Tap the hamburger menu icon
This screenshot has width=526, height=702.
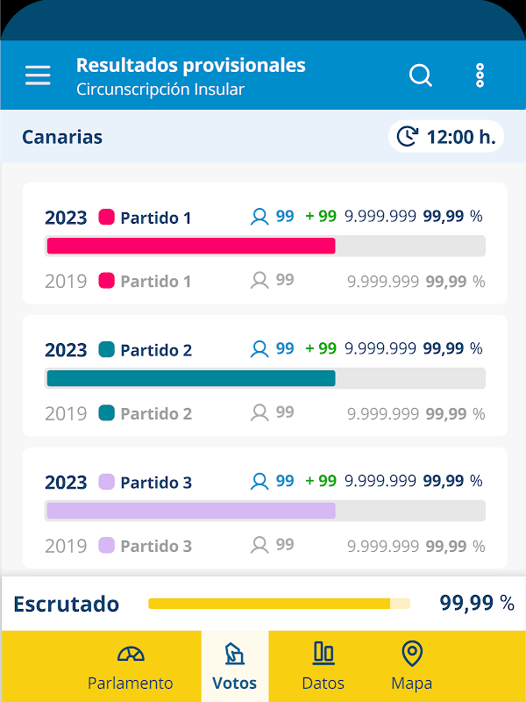coord(38,75)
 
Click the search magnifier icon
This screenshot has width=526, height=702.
coord(421,75)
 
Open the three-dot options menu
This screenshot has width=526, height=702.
coord(480,75)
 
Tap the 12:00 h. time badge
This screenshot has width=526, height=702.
coord(446,137)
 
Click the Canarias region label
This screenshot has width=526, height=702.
coord(62,137)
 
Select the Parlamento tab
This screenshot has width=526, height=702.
coord(131,668)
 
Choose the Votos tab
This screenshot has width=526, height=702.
coord(235,668)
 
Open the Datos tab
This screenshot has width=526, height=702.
coord(323,668)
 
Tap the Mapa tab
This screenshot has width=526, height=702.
coord(411,668)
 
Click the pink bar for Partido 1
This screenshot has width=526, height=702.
coord(191,246)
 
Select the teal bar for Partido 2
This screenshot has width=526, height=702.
coord(191,378)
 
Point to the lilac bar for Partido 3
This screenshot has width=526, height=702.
coord(191,511)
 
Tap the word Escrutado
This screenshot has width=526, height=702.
coord(66,604)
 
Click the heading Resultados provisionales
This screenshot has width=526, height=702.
coord(191,65)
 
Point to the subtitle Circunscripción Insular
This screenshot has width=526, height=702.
coord(160,90)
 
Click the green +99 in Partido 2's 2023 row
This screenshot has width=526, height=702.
coord(321,348)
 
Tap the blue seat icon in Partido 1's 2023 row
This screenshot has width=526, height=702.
coord(259,217)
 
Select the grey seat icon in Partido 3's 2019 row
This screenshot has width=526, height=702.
coord(259,545)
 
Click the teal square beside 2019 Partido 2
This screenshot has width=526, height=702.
coord(107,412)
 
